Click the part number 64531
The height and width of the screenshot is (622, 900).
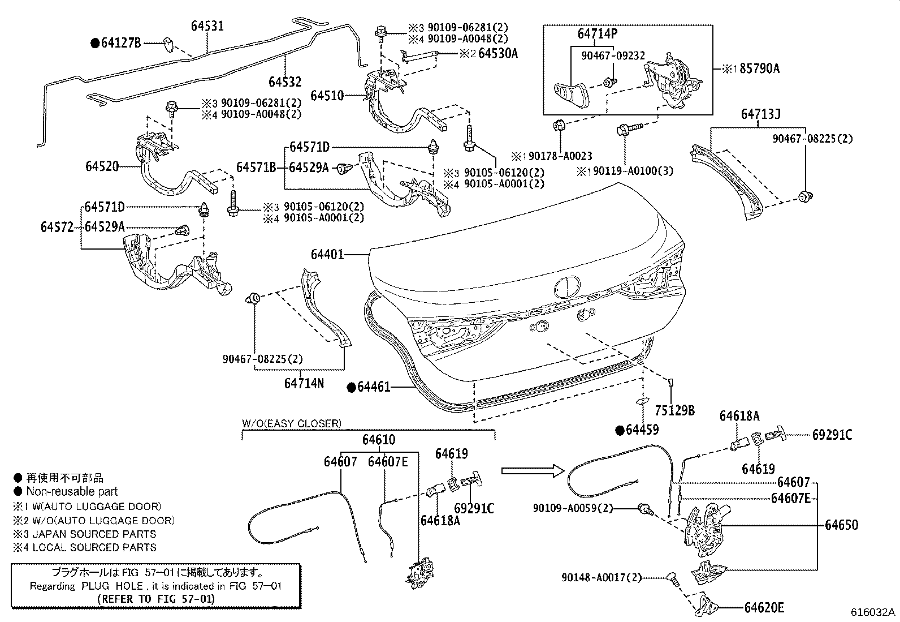[207, 26]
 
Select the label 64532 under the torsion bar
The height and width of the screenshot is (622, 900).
[285, 82]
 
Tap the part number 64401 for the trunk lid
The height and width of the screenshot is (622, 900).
[327, 254]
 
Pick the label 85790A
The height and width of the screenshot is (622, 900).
[759, 69]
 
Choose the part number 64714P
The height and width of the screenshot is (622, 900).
[598, 34]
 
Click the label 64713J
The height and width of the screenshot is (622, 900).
[760, 114]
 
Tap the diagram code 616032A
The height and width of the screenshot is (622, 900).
[873, 612]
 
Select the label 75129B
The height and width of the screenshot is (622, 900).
[674, 410]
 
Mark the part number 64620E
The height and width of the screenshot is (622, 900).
[764, 607]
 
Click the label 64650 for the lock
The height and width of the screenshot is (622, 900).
[841, 525]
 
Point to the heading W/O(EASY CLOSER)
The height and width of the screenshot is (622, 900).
[292, 423]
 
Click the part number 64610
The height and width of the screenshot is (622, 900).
[379, 440]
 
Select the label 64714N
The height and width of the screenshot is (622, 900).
[304, 383]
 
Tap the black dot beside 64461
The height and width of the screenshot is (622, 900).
[352, 387]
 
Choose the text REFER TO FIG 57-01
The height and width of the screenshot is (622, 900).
[156, 599]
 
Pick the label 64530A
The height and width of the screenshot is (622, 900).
[498, 54]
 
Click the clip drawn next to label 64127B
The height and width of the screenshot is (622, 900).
[168, 44]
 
